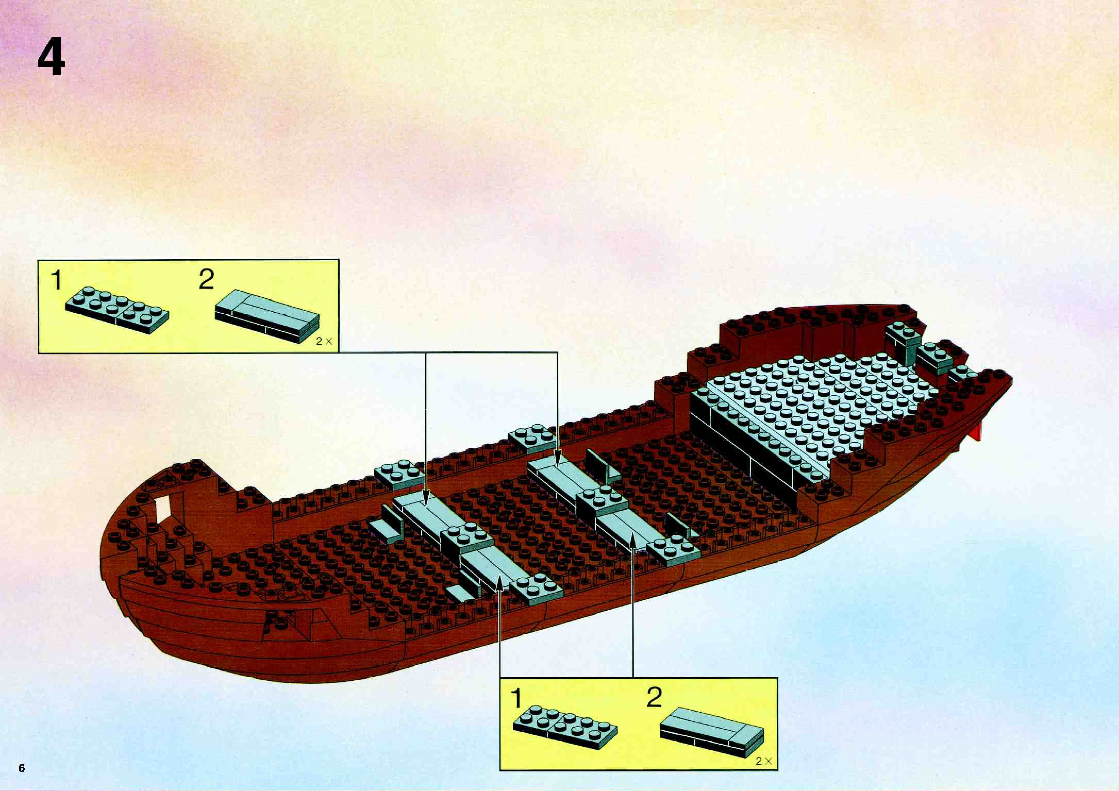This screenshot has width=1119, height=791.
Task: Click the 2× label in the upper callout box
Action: pyautogui.click(x=324, y=342)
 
